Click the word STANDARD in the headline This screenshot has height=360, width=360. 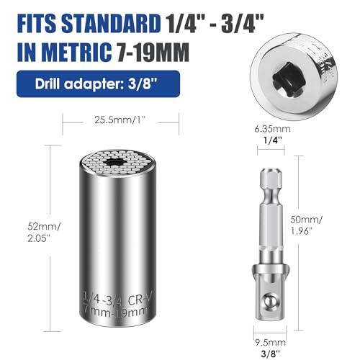111,24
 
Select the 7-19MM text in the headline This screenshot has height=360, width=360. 153,52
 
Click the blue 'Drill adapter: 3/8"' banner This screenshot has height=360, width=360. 98,84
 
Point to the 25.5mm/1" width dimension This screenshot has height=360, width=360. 120,120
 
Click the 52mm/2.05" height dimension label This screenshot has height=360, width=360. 43,233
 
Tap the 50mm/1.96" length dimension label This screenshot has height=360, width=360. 307,225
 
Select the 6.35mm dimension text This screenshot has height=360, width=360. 272,129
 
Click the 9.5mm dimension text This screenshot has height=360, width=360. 271,343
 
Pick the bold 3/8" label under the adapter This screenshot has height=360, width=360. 271,353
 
